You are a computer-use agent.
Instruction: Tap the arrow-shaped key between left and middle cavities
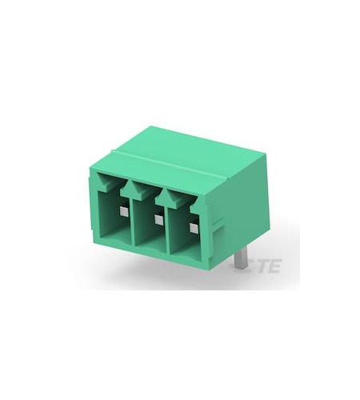[x=134, y=187]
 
